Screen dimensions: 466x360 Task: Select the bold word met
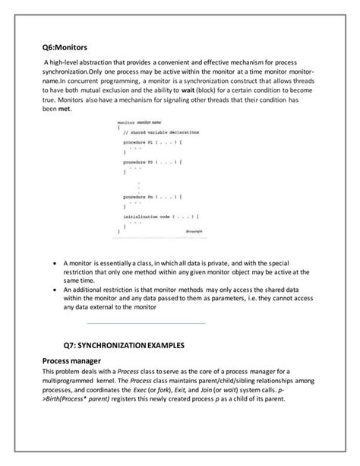pos(72,109)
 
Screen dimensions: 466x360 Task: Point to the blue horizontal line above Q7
pos(147,324)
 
